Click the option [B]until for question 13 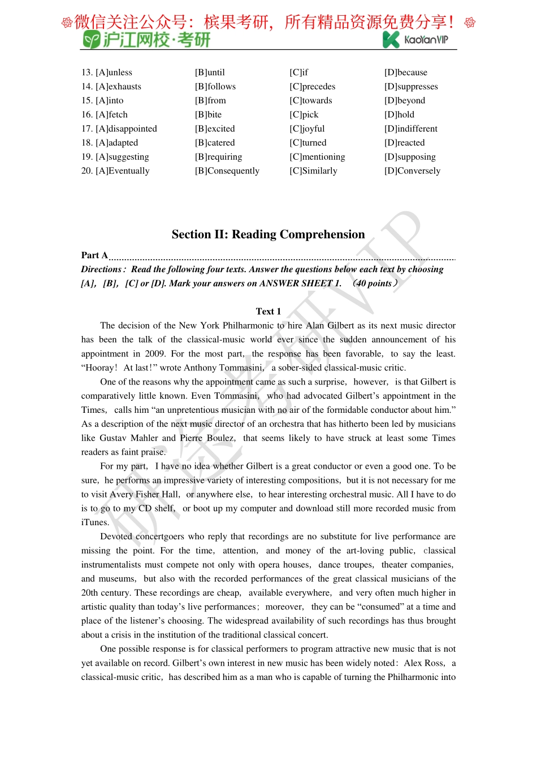[210, 72]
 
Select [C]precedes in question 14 [312, 86]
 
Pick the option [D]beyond [404, 101]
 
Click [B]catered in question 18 [215, 143]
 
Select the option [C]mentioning [317, 157]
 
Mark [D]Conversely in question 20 [412, 171]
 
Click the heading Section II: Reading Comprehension [268, 234]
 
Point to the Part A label [94, 255]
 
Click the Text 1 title [268, 311]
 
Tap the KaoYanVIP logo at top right [415, 39]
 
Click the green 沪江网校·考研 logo [147, 40]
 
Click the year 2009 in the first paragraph [154, 354]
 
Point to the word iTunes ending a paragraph [94, 522]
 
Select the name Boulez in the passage [220, 438]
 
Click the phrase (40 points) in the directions [375, 283]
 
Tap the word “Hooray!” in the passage [99, 368]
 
